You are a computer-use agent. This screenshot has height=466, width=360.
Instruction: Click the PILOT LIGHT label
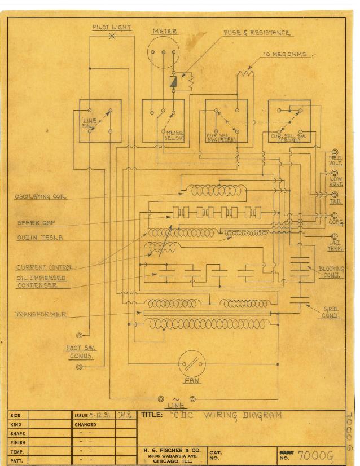click(112, 28)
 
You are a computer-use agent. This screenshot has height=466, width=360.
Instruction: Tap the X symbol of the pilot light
click(112, 36)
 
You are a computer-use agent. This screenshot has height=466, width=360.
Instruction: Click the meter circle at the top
click(163, 55)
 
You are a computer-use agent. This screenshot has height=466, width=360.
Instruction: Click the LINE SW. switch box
click(100, 121)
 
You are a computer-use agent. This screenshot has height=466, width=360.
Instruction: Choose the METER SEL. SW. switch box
click(163, 121)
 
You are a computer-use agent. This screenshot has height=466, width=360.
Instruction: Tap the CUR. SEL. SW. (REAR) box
click(226, 121)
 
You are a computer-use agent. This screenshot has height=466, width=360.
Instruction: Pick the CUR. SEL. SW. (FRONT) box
click(289, 121)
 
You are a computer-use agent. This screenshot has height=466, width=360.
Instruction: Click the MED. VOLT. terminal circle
click(335, 152)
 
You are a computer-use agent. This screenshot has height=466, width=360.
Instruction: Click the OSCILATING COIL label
click(41, 197)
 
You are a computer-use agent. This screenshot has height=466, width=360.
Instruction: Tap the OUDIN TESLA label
click(39, 238)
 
